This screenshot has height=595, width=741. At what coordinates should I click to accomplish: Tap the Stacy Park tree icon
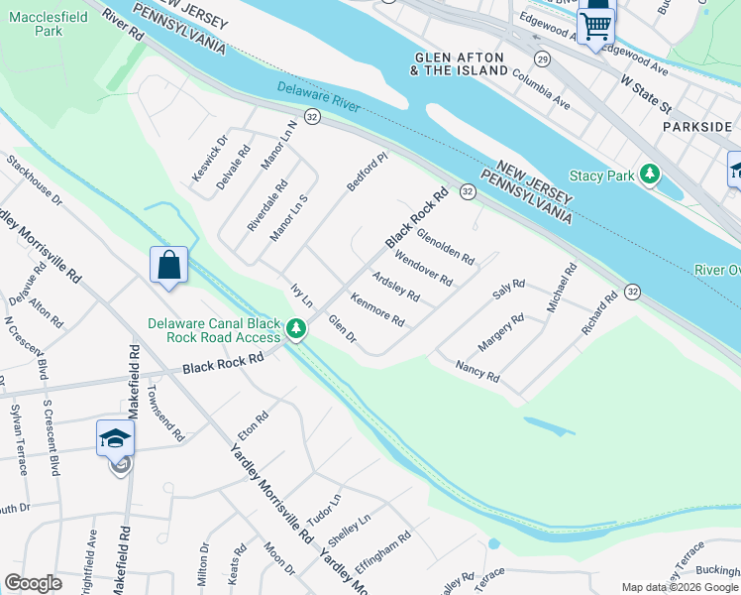point(650,176)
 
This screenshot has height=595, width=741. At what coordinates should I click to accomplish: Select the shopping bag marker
point(168,266)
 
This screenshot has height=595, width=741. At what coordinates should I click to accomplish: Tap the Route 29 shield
point(542,59)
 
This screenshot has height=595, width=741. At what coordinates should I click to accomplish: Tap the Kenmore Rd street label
point(377,312)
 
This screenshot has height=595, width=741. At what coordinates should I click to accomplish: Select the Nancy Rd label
point(476,372)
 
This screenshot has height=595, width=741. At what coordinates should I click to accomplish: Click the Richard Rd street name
point(600,311)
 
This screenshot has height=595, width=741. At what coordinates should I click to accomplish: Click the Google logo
point(33,582)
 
